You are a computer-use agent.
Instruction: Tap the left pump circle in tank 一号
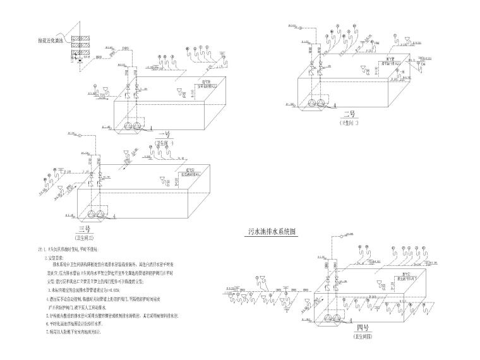tap(129, 127)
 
